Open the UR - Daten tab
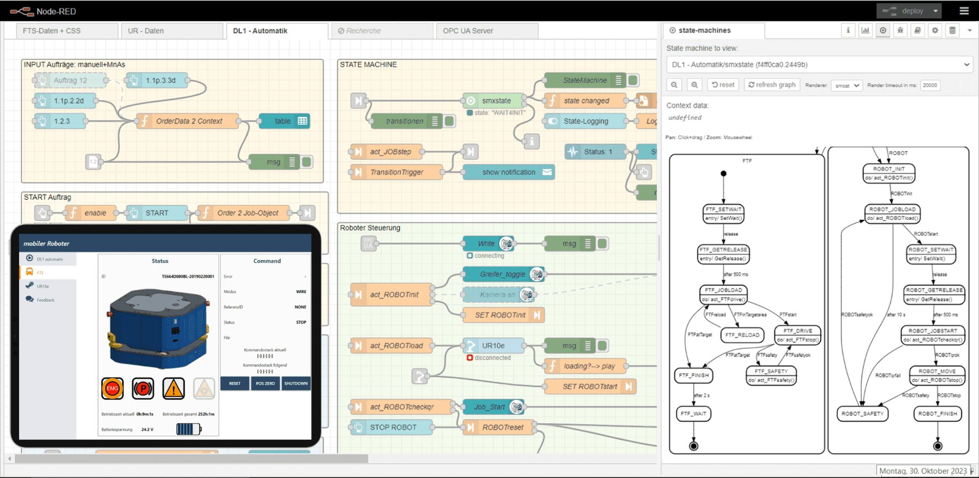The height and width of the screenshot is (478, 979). [x=146, y=31]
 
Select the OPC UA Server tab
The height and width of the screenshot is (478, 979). [x=468, y=31]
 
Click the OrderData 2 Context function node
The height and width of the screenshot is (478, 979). [x=189, y=121]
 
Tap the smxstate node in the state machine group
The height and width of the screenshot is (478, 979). [x=496, y=101]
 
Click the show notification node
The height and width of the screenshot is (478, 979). [x=508, y=172]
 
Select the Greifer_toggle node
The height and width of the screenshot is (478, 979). [x=502, y=274]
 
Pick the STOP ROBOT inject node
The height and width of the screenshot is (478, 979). [x=393, y=427]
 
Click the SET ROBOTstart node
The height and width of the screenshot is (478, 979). [x=589, y=387]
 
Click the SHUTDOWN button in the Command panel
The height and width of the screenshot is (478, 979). [x=296, y=384]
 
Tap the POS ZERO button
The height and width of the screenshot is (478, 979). [x=265, y=384]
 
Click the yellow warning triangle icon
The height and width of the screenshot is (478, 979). [x=173, y=389]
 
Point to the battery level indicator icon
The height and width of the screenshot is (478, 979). [x=188, y=429]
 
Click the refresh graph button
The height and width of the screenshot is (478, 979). [x=771, y=85]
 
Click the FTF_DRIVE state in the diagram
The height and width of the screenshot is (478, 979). [x=797, y=335]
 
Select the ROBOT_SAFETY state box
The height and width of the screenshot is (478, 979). [x=862, y=414]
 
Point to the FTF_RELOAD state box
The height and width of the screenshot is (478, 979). [x=742, y=335]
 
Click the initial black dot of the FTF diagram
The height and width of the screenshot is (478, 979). [x=723, y=174]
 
